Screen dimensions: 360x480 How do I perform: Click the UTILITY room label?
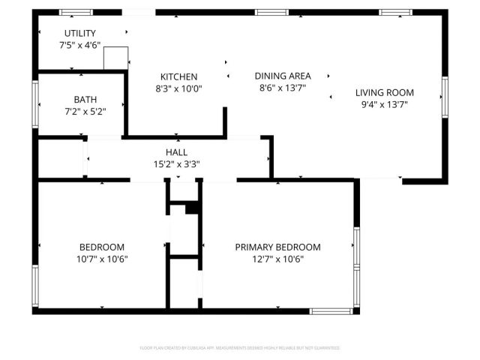tap(79, 33)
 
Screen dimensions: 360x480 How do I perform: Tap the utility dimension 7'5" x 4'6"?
tap(79, 45)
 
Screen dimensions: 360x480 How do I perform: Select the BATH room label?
tap(85, 99)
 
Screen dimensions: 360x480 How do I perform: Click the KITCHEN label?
tap(178, 76)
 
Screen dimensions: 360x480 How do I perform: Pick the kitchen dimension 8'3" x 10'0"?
tap(178, 88)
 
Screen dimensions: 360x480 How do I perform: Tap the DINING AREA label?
tap(282, 76)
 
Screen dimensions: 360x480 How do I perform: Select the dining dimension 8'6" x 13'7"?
tap(282, 88)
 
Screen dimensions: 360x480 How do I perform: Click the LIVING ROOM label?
tap(384, 93)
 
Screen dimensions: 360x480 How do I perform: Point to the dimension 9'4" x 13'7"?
tap(384, 105)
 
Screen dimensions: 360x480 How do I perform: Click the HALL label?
tap(177, 152)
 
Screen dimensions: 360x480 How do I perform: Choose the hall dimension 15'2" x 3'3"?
tap(177, 164)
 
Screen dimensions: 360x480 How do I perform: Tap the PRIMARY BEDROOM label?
tap(277, 247)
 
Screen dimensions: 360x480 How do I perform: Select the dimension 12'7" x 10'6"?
tap(277, 259)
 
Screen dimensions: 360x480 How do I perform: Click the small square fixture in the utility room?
tap(116, 57)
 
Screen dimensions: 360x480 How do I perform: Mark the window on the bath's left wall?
tap(35, 103)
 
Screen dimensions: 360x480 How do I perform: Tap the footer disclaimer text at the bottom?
tap(240, 348)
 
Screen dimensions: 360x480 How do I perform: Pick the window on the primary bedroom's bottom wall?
tap(331, 310)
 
